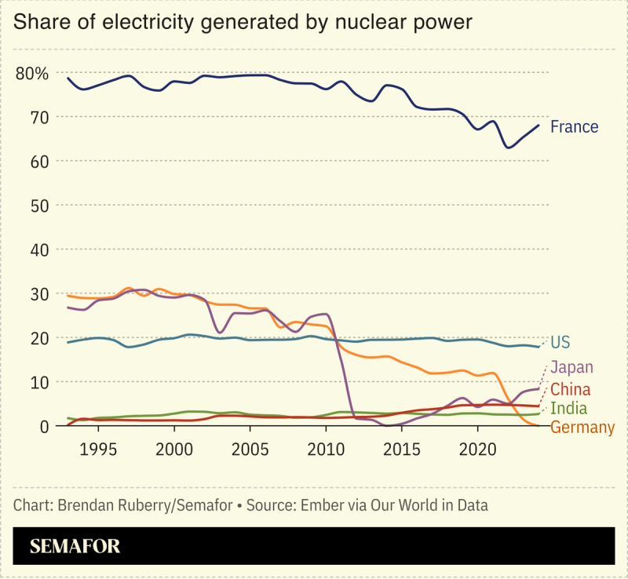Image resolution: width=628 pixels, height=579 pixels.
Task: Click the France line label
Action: [574, 127]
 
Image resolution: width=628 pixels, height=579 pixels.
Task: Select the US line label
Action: [560, 342]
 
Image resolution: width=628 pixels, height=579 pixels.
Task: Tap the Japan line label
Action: [571, 367]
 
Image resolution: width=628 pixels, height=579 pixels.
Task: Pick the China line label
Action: [571, 389]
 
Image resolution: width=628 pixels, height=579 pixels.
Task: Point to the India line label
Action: [569, 409]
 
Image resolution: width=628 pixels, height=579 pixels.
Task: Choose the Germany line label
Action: [582, 428]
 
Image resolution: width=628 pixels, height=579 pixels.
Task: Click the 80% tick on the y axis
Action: [32, 74]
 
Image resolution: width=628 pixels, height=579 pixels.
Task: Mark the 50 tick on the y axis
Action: [38, 206]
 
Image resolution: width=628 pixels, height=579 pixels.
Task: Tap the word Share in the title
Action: [39, 22]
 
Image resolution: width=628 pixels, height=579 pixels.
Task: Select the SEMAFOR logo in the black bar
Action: [75, 546]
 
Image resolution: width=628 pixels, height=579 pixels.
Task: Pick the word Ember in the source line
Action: [324, 505]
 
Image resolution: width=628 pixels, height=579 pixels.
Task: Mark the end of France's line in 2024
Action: [539, 126]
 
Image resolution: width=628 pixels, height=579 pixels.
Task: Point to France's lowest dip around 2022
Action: [509, 147]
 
